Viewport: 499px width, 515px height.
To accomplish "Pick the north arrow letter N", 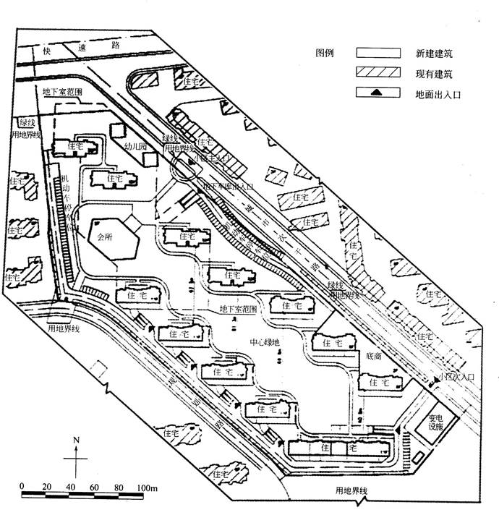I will click(76, 440).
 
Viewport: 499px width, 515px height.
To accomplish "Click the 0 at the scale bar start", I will click(22, 485).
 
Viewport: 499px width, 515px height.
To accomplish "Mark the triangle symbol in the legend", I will click(378, 93).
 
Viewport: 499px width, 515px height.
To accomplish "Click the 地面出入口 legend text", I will click(438, 93).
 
